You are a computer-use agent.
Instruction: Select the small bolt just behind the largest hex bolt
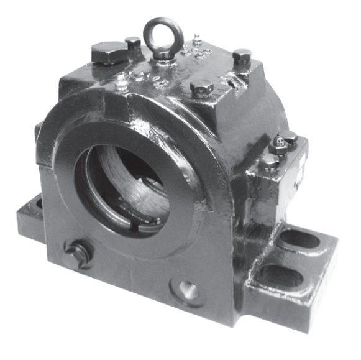point(133,43)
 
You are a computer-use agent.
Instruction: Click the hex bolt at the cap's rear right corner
point(242,57)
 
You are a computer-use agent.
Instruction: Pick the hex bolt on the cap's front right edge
point(203,87)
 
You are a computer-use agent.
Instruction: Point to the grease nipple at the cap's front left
point(122,81)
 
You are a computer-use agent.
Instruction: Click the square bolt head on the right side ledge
point(288,138)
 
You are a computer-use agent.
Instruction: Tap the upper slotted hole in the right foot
point(299,238)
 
